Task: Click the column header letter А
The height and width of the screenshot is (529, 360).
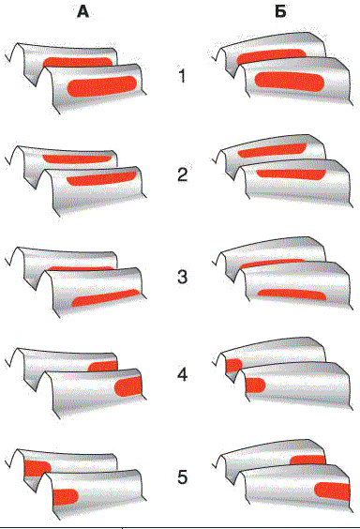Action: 82,12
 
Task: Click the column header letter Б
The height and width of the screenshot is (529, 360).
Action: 280,12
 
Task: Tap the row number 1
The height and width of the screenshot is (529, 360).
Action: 182,76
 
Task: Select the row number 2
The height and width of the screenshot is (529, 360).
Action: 183,174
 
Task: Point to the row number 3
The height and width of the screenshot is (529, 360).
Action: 183,277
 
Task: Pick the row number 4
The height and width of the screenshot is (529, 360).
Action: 183,374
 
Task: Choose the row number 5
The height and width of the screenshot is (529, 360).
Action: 183,477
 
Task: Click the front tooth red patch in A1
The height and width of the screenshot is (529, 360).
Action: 102,86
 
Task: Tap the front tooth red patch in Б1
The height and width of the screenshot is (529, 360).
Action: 289,82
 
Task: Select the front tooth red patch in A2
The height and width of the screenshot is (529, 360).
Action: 101,179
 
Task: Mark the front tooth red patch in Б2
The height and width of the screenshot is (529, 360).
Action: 291,174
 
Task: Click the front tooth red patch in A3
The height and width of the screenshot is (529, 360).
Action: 106,298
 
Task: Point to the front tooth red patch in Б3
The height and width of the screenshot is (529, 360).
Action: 292,295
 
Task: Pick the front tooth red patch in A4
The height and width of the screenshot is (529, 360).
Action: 128,386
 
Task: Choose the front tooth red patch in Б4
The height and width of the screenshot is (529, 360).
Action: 256,385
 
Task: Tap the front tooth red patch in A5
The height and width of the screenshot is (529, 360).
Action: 66,497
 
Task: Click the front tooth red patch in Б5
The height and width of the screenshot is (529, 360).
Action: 332,491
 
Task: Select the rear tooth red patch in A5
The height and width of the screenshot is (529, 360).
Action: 37,468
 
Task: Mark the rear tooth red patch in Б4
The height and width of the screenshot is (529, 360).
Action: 234,366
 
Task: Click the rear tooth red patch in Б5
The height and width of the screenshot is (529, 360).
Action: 308,461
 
